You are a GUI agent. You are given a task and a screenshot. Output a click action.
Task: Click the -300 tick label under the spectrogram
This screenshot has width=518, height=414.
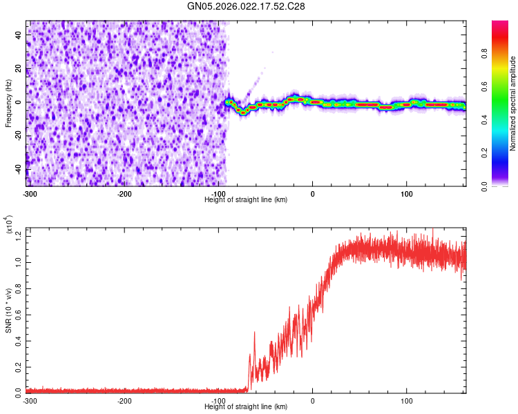tap(30, 194)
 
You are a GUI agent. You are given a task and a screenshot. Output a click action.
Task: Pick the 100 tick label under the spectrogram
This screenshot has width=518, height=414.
tap(407, 194)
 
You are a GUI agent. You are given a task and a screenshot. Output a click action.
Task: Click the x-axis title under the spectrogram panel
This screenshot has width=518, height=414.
tap(247, 199)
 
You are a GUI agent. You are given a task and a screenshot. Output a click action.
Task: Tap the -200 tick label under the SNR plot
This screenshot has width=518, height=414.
tap(124, 401)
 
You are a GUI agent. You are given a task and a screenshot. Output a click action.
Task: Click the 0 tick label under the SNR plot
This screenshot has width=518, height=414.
tap(313, 401)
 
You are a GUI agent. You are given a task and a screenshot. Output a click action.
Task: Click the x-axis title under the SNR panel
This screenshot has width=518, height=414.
tap(247, 407)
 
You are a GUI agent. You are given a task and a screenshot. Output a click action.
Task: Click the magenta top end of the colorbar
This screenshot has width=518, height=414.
tap(499, 23)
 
